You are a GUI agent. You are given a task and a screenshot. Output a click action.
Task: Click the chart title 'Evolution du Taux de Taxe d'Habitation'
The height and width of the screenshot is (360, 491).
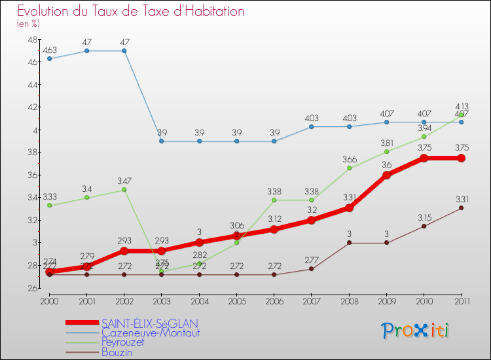(x=131, y=11)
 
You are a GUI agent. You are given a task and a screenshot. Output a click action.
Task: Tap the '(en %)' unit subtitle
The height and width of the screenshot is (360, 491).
(x=28, y=24)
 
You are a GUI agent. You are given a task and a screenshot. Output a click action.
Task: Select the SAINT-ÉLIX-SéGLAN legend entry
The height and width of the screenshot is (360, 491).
(x=149, y=323)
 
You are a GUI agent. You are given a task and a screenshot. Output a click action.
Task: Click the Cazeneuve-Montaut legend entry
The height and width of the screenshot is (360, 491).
(x=150, y=333)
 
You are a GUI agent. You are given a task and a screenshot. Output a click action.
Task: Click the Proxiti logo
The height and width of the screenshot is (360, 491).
(x=416, y=331)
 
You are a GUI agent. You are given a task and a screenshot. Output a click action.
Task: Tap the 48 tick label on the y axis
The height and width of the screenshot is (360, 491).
(x=32, y=39)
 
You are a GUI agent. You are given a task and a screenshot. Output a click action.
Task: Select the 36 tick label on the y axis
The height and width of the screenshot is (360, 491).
(x=32, y=175)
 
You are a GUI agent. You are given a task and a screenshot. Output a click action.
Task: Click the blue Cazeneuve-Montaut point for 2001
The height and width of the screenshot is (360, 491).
(x=86, y=50)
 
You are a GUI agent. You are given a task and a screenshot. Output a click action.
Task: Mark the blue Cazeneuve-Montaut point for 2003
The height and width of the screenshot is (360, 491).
(x=162, y=141)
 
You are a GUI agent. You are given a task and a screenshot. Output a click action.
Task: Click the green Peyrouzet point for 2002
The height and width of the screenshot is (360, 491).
(x=124, y=189)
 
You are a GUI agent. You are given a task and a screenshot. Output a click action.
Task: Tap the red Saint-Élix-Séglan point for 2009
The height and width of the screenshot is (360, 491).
(x=386, y=175)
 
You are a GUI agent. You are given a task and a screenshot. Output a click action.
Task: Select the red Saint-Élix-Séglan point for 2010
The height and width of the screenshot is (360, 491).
(x=424, y=158)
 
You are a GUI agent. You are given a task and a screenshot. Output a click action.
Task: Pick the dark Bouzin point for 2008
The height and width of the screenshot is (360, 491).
(x=349, y=243)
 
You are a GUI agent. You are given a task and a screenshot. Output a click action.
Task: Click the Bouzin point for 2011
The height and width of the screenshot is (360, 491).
(x=461, y=207)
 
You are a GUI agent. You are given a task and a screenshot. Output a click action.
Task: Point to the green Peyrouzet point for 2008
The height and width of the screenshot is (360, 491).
(x=349, y=168)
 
